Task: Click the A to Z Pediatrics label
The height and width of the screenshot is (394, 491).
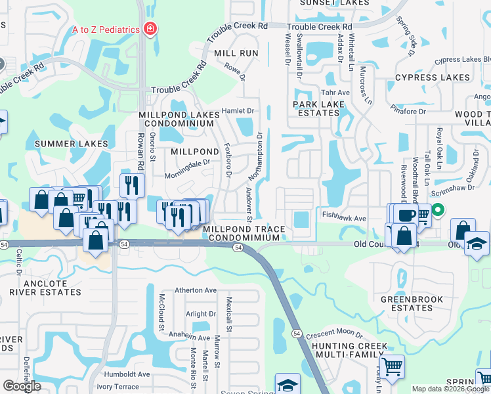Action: pyautogui.click(x=106, y=29)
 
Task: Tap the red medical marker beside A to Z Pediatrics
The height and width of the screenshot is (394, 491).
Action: pyautogui.click(x=150, y=29)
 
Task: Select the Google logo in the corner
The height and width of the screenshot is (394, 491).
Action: pyautogui.click(x=22, y=386)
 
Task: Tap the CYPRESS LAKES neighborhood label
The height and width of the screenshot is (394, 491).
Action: pyautogui.click(x=433, y=77)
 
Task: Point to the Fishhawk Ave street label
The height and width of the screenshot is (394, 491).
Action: pyautogui.click(x=343, y=215)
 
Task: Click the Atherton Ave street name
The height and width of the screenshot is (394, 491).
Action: pyautogui.click(x=195, y=290)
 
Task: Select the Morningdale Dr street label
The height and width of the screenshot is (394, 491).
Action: pyautogui.click(x=188, y=162)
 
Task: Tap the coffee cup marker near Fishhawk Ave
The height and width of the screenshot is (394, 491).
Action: pyautogui.click(x=408, y=214)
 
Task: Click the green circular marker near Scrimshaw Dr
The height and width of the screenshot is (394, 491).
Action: pyautogui.click(x=436, y=210)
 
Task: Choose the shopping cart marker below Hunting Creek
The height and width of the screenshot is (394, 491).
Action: pyautogui.click(x=392, y=366)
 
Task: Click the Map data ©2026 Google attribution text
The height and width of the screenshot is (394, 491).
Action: pyautogui.click(x=450, y=389)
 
